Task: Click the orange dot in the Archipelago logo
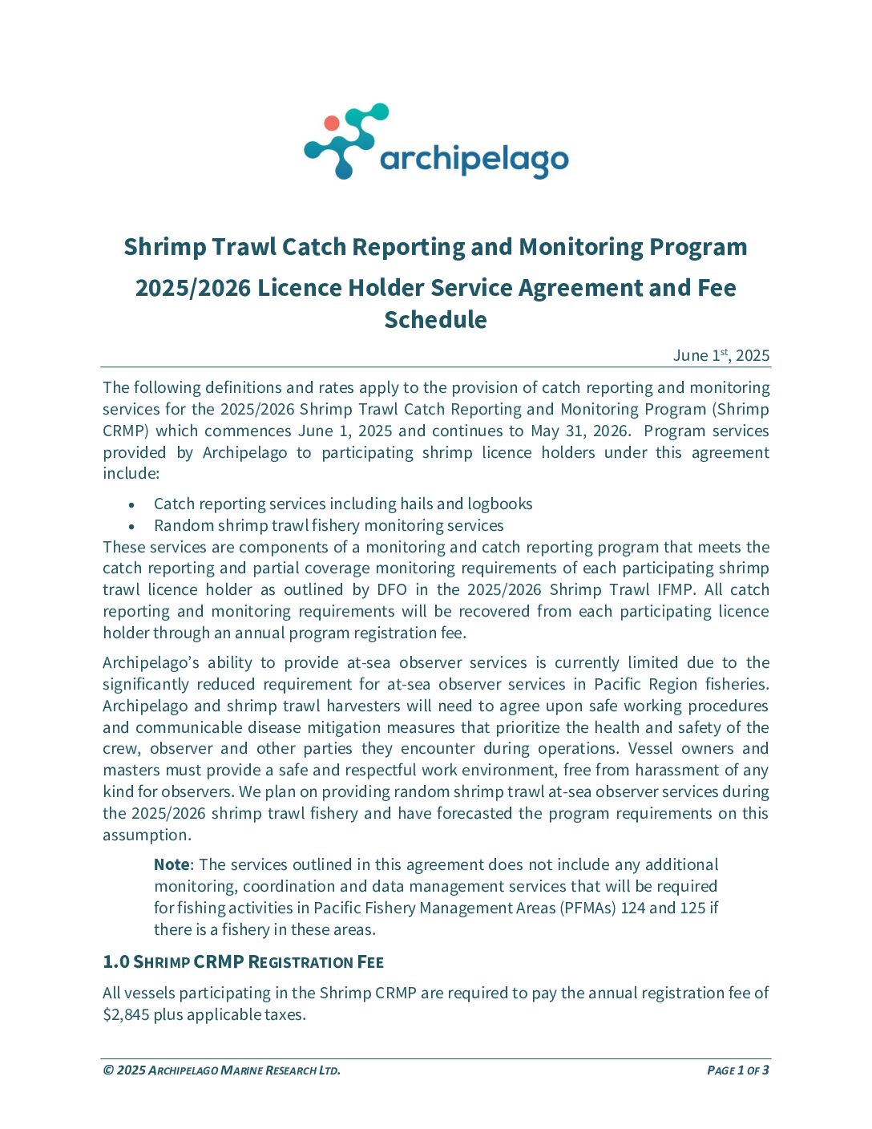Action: click(332, 123)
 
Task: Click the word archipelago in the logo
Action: click(474, 160)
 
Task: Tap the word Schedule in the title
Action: click(435, 320)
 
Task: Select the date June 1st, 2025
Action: click(721, 355)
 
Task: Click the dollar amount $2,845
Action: click(125, 1014)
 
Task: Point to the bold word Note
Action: click(172, 864)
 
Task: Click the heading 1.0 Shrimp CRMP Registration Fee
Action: click(243, 961)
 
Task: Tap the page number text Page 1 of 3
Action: click(738, 1070)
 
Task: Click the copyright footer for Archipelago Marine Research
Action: click(222, 1070)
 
